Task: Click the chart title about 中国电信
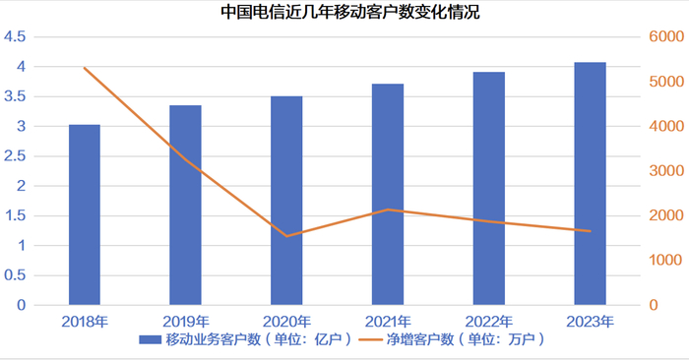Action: pos(344,13)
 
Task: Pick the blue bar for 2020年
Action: pos(286,201)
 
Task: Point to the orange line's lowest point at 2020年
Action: pos(286,236)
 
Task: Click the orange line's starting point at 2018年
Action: pos(84,68)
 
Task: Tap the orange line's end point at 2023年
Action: pos(591,231)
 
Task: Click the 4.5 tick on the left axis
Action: pos(15,37)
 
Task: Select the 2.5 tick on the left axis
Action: pos(15,156)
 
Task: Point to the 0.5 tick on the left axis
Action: pos(15,275)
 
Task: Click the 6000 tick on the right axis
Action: pos(665,37)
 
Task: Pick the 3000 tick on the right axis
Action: pos(665,171)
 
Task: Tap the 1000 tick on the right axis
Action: pos(665,261)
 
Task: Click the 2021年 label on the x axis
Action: pos(388,321)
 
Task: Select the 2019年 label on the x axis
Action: pos(185,321)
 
